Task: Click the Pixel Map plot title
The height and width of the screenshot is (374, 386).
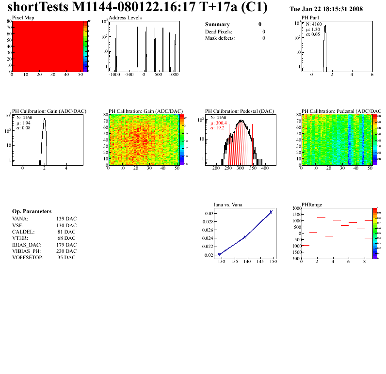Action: (x=23, y=17)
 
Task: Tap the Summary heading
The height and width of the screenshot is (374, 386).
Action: (x=217, y=24)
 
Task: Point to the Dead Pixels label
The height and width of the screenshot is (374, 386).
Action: (x=219, y=31)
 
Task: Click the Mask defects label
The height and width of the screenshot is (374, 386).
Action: (x=220, y=38)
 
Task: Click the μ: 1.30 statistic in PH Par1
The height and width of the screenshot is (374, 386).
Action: (x=313, y=29)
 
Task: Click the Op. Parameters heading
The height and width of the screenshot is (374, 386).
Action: (x=32, y=212)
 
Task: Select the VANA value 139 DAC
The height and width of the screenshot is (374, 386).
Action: (x=66, y=218)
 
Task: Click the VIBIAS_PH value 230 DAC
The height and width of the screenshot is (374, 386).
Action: (x=66, y=251)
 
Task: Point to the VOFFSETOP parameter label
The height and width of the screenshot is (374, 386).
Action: (x=28, y=257)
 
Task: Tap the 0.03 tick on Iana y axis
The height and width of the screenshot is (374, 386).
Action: (x=209, y=214)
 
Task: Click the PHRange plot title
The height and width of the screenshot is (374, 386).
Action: (x=312, y=204)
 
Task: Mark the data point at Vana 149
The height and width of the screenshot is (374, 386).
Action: (x=271, y=212)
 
